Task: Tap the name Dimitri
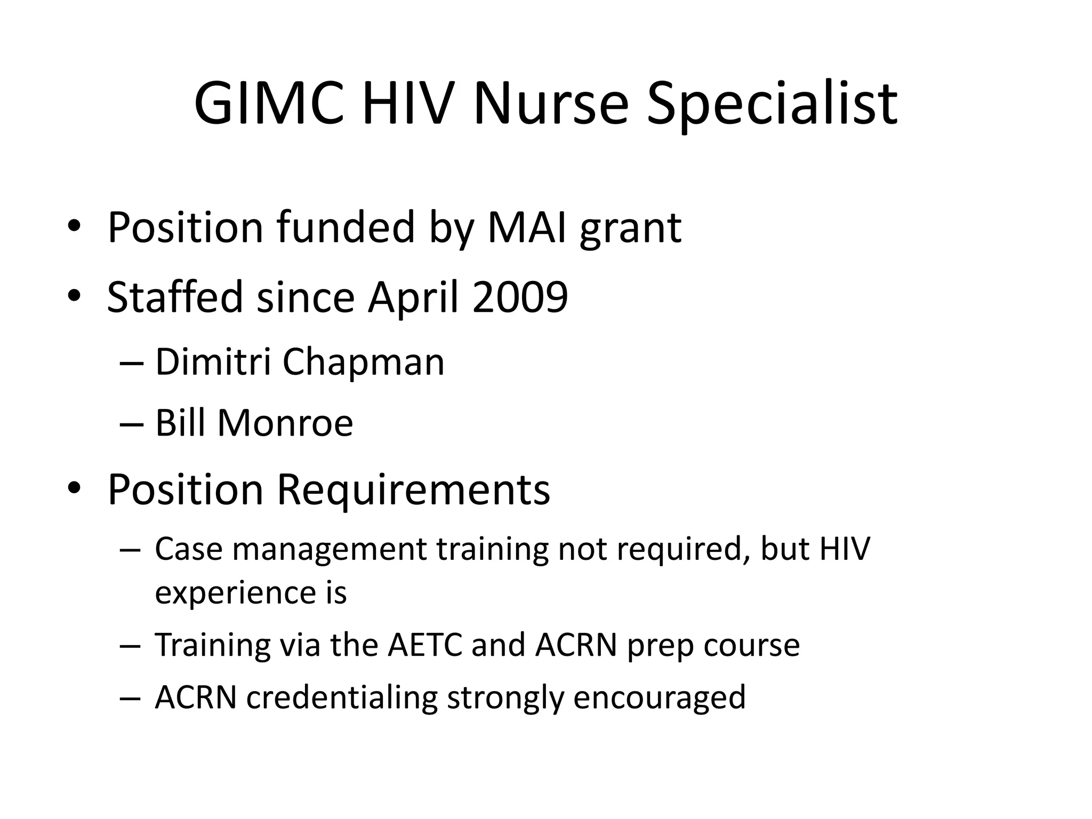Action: click(x=213, y=362)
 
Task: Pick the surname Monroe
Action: click(x=285, y=423)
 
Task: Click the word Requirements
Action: click(x=413, y=490)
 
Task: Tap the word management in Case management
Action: click(x=330, y=549)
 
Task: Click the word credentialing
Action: click(x=341, y=698)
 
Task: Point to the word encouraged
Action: click(x=659, y=698)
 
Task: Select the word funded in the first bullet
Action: click(x=346, y=228)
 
